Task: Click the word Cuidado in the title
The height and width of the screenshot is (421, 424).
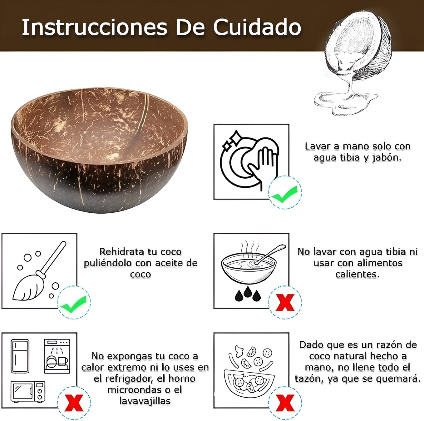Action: pos(257,27)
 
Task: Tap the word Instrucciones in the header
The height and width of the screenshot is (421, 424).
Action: pos(95,27)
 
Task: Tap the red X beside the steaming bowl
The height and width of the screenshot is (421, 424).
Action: pos(285,303)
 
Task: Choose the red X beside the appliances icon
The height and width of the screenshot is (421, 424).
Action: pos(74,403)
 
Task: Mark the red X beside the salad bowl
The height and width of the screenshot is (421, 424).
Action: pos(285,403)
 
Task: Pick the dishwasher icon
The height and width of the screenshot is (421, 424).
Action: pos(57,356)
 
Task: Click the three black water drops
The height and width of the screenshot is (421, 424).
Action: pos(248,294)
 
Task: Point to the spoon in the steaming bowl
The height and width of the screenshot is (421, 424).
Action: pos(270,254)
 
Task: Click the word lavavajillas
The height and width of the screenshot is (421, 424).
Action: pos(145,401)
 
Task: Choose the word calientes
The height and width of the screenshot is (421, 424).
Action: pos(357,274)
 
